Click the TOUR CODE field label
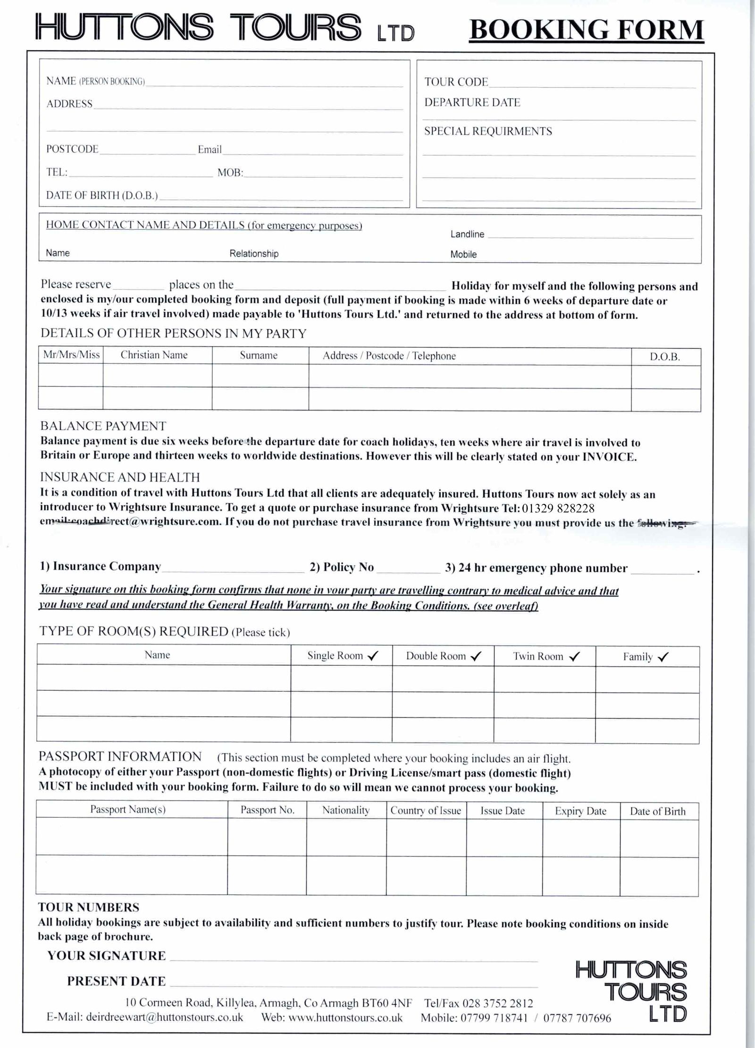456,82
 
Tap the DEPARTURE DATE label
472,103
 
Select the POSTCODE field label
72,149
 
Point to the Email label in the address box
210,150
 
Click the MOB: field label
230,173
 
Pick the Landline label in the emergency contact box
467,235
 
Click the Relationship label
254,254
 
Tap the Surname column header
259,355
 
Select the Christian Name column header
154,355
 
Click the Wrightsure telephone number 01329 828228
558,508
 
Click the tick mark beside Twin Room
575,657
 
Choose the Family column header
638,657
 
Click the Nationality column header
346,811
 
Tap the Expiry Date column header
580,811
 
